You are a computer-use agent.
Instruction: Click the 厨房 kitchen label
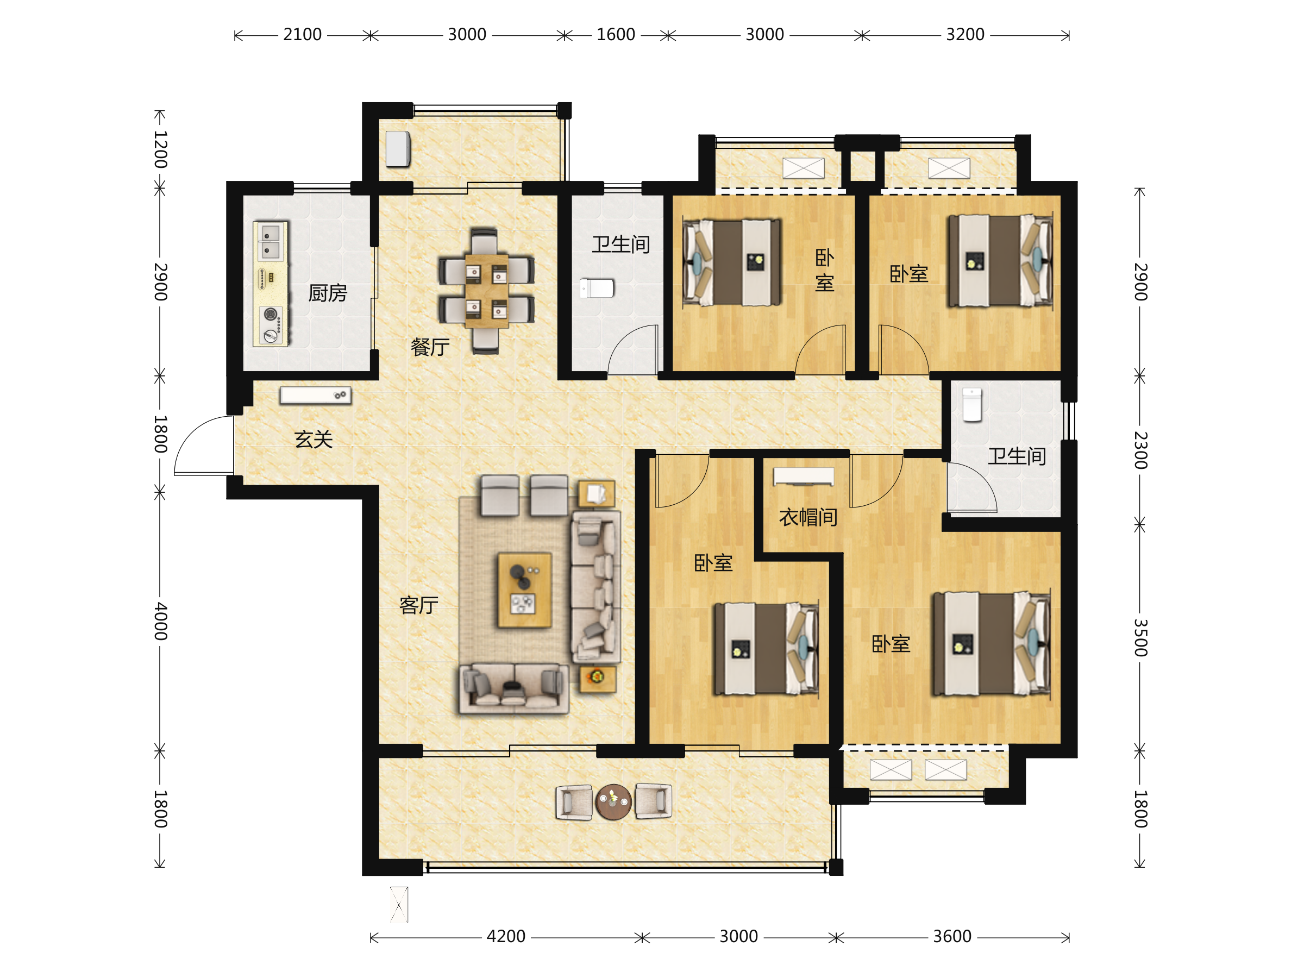(x=328, y=293)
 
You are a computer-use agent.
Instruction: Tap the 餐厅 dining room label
(x=430, y=347)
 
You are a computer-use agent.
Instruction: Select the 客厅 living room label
(x=418, y=605)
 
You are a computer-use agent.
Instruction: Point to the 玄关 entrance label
(x=314, y=439)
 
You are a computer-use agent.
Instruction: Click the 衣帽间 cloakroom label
(x=808, y=517)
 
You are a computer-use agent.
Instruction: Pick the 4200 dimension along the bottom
(x=506, y=936)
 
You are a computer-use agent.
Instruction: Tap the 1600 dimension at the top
(x=616, y=35)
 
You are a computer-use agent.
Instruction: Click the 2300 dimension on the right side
(x=1140, y=450)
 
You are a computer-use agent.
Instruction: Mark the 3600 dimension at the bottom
(x=952, y=936)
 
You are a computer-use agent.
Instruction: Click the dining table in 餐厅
(x=486, y=291)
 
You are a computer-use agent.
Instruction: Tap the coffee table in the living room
(x=525, y=590)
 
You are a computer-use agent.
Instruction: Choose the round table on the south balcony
(x=613, y=802)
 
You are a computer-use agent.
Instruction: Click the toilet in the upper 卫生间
(x=597, y=289)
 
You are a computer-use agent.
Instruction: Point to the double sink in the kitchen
(x=271, y=242)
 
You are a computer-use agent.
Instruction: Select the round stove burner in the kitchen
(x=271, y=314)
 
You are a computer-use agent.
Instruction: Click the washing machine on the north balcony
(x=398, y=149)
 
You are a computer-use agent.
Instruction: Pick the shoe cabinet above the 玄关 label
(x=315, y=395)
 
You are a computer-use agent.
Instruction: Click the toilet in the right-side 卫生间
(x=972, y=404)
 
